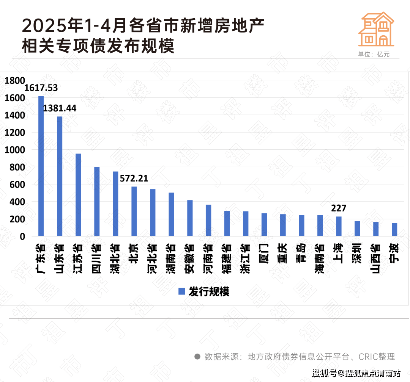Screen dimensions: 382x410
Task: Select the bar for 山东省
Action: (60, 176)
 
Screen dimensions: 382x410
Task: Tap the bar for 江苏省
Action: (78, 195)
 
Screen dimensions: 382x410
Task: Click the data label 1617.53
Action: (41, 88)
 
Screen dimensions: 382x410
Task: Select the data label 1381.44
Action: (60, 108)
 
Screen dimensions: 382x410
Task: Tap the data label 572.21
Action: (134, 178)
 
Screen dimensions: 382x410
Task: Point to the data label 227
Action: (339, 208)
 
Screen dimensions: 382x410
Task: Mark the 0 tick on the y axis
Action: (22, 236)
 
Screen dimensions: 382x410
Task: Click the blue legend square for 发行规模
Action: (182, 291)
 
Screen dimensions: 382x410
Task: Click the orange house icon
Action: (377, 29)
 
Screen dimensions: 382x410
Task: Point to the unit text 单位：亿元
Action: (374, 54)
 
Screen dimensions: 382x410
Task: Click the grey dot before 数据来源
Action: (197, 357)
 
